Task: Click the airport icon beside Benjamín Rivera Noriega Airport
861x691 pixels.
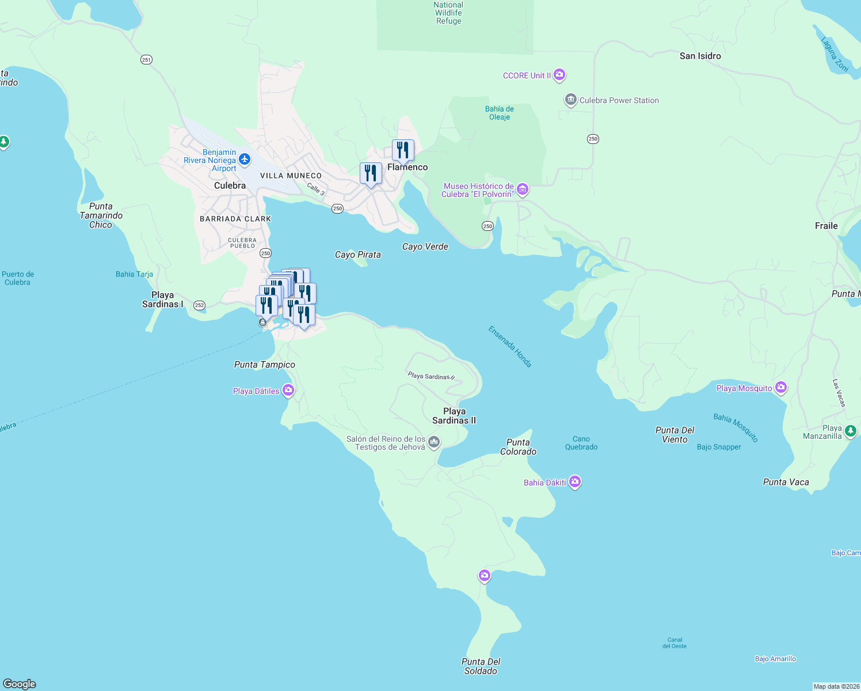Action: coord(245,160)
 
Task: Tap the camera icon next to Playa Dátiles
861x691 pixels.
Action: coord(288,390)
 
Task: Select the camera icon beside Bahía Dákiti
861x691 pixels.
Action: coord(575,482)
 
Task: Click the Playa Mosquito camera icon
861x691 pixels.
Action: coord(781,388)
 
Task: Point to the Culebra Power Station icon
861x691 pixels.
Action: coord(570,100)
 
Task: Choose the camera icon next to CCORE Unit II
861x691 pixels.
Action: coord(559,75)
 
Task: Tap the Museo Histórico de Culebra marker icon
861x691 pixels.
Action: coord(523,189)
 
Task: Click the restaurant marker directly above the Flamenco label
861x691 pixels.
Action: coord(403,150)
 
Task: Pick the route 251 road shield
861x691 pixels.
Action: coord(147,59)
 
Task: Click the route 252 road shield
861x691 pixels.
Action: coord(199,305)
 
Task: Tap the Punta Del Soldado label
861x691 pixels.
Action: coord(481,666)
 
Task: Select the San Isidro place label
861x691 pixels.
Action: coord(700,56)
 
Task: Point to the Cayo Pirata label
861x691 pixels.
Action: coord(358,255)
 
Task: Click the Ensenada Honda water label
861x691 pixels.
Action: coord(510,347)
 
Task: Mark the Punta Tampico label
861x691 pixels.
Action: coord(265,365)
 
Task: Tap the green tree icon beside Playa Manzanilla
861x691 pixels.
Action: coord(851,430)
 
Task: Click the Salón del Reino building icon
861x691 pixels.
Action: coord(434,442)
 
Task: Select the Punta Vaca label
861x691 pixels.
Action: coord(786,482)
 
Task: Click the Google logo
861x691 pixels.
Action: coord(20,684)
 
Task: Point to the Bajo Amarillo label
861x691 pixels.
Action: coord(775,659)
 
